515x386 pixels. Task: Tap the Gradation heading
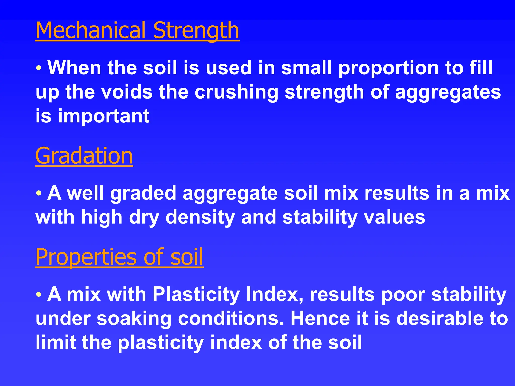tap(84, 156)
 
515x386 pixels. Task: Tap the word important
tap(104, 116)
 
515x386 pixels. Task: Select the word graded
tap(143, 194)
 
